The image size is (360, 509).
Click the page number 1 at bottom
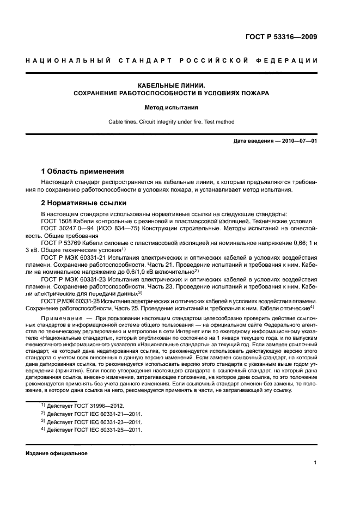pos(315,463)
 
